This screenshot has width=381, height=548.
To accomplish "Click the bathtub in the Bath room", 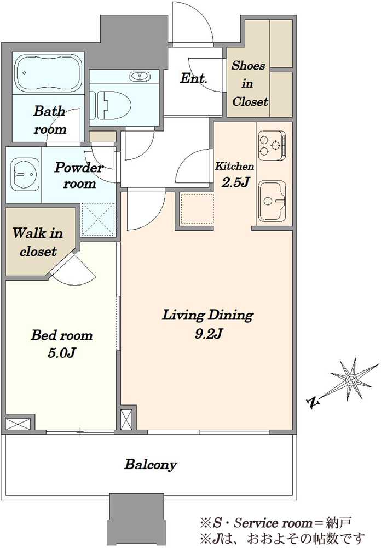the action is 49,73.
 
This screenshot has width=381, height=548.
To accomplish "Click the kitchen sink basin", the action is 272,201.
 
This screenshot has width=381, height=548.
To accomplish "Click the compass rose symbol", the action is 351,380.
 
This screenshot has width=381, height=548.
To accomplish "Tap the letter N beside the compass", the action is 314,402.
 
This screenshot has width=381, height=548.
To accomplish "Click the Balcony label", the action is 151,465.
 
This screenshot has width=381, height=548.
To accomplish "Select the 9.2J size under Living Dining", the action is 209,334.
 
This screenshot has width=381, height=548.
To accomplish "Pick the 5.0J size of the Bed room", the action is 62,353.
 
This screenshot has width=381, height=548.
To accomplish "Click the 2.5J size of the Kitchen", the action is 236,182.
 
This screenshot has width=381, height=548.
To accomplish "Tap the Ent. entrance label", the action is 193,78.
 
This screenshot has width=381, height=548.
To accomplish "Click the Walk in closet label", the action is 38,242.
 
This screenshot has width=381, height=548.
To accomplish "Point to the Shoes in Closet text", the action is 249,83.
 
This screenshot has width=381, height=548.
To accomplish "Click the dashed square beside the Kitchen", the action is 197,209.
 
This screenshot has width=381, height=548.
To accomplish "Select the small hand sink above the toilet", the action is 140,76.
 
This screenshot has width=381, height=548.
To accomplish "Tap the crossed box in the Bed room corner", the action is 18,424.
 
